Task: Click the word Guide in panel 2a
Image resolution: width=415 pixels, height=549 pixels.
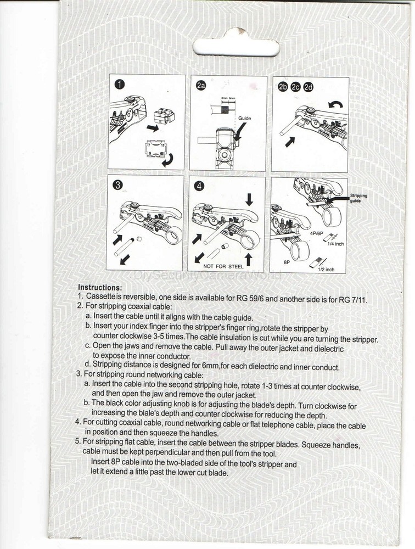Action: pos(244,117)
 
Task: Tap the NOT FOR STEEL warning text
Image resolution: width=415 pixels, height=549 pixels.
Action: pos(223,266)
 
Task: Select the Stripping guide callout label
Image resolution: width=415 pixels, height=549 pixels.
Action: pos(358,198)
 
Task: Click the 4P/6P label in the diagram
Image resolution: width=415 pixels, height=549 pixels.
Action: pos(317,233)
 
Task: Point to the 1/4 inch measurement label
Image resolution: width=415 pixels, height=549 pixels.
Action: pos(335,244)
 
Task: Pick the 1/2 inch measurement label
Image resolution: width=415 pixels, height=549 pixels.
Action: pos(326,270)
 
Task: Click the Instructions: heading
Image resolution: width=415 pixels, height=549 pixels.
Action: pos(99,287)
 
